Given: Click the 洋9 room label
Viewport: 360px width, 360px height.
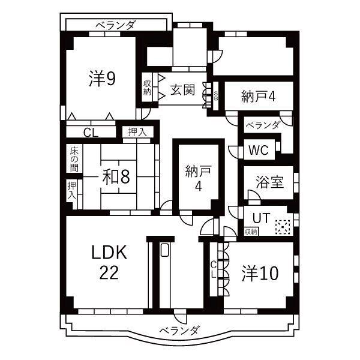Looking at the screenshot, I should (103, 79).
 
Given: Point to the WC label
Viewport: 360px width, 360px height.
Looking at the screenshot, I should (257, 148).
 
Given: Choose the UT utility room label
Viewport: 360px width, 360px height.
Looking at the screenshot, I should (259, 217).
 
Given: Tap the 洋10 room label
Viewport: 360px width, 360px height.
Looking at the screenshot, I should (260, 274).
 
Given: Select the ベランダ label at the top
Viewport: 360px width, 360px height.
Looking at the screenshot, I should (115, 25).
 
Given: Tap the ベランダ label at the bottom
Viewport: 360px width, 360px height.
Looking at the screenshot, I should (179, 329).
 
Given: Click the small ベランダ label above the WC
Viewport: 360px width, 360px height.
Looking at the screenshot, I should (262, 125).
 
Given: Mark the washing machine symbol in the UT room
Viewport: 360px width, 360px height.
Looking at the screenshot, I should (282, 227).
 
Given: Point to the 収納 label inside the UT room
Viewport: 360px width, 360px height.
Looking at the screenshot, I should (251, 231).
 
